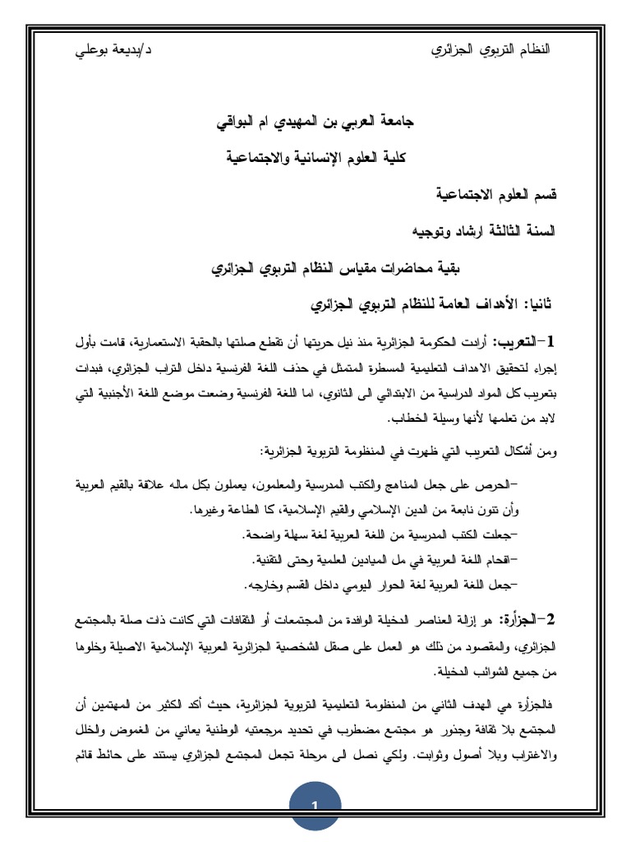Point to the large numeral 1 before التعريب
point(548,341)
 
